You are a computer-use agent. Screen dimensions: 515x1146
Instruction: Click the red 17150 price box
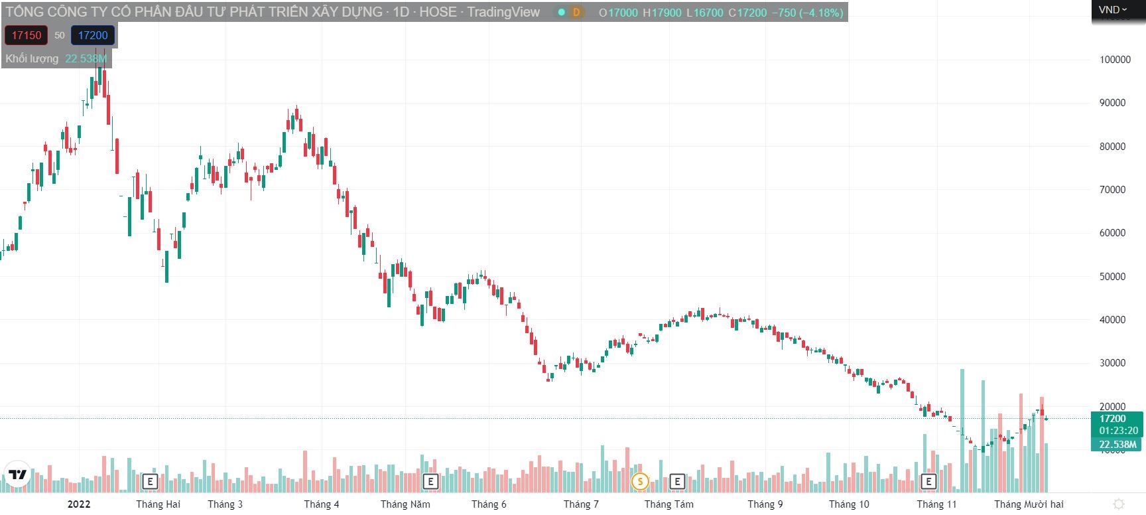pos(26,36)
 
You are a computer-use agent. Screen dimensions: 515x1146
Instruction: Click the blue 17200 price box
pos(92,36)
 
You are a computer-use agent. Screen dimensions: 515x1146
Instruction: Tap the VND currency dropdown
pos(1112,10)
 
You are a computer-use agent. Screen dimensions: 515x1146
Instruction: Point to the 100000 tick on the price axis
pos(1115,60)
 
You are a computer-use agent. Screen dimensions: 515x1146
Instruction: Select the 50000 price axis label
pos(1112,277)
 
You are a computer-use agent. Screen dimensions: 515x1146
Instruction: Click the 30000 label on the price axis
pos(1112,363)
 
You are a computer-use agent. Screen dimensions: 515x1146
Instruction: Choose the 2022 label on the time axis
pos(79,504)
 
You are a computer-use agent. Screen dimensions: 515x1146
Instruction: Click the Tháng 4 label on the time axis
pos(321,504)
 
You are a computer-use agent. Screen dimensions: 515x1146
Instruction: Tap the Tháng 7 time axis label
pos(580,504)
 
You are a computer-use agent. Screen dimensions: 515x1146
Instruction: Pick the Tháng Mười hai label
pos(1029,504)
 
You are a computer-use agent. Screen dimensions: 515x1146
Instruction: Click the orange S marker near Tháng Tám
pos(640,481)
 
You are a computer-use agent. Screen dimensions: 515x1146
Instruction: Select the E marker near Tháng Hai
pos(150,481)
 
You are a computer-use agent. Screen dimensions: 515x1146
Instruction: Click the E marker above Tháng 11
pos(928,481)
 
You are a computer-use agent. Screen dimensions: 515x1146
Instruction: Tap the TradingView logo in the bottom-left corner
pos(17,475)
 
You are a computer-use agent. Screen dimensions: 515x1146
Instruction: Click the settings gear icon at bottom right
pos(1118,504)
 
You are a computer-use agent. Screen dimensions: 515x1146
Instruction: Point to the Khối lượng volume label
pos(32,59)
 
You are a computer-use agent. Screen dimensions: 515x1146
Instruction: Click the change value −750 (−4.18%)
pos(807,13)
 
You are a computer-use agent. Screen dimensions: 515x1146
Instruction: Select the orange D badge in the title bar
pos(576,13)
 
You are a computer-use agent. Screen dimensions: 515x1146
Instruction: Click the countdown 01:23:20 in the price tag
pos(1118,431)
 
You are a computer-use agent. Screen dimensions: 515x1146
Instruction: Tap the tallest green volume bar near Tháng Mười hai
pos(962,431)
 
